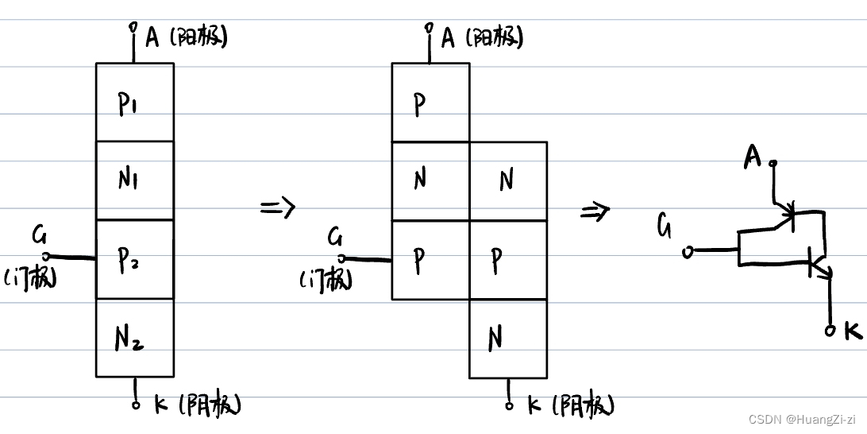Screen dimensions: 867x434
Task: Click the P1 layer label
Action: coord(129,103)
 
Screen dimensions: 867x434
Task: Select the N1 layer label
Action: coord(129,180)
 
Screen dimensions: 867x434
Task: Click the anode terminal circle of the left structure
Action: coord(133,29)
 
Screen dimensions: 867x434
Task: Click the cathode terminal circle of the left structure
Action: coord(136,405)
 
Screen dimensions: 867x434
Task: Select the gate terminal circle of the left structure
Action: coord(45,256)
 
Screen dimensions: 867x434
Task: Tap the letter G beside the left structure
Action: coord(40,234)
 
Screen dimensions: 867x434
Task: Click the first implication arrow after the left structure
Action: coord(277,208)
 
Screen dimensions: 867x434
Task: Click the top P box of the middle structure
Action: coord(430,103)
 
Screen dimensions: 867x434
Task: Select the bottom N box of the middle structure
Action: coord(508,339)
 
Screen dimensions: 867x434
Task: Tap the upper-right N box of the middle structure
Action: coord(508,180)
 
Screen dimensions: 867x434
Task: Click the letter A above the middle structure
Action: coord(448,37)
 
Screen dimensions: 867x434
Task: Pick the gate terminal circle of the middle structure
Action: coord(341,258)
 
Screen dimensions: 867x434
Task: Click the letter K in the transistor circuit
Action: coord(853,331)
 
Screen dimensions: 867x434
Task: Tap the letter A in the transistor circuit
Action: coord(753,159)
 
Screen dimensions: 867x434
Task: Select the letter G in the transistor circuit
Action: coord(665,227)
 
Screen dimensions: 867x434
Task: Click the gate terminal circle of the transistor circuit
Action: coord(688,252)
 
